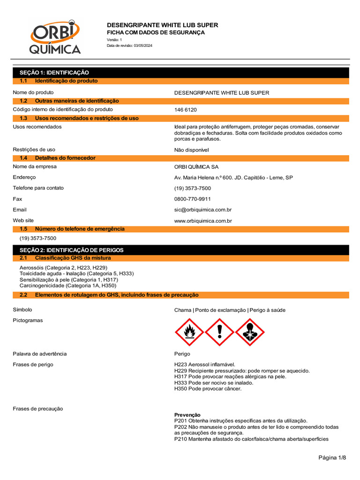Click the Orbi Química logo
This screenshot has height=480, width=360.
(55, 37)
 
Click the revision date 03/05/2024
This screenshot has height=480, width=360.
(143, 45)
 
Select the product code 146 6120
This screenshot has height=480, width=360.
(186, 110)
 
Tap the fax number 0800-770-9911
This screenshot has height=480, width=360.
(192, 199)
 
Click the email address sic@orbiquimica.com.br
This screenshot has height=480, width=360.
(203, 210)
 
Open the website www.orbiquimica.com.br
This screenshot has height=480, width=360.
(203, 220)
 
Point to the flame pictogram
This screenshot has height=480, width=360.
(189, 332)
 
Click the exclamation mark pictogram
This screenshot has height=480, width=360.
(220, 332)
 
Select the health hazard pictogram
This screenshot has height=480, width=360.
(250, 332)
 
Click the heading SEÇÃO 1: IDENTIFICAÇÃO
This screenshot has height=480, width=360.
(54, 73)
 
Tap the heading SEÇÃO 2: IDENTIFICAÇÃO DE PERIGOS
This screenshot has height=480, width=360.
(71, 250)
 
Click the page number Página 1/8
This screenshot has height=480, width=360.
(332, 457)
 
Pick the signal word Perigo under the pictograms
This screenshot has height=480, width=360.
(182, 354)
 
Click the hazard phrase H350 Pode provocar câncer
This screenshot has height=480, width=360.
(208, 389)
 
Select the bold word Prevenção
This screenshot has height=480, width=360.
(187, 415)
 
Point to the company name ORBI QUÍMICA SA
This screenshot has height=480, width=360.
(196, 167)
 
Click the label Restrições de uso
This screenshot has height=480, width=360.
(34, 150)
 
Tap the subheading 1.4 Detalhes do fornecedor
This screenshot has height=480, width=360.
(65, 158)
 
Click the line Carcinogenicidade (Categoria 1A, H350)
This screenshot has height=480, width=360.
(68, 285)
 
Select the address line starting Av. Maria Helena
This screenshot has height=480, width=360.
(233, 178)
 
